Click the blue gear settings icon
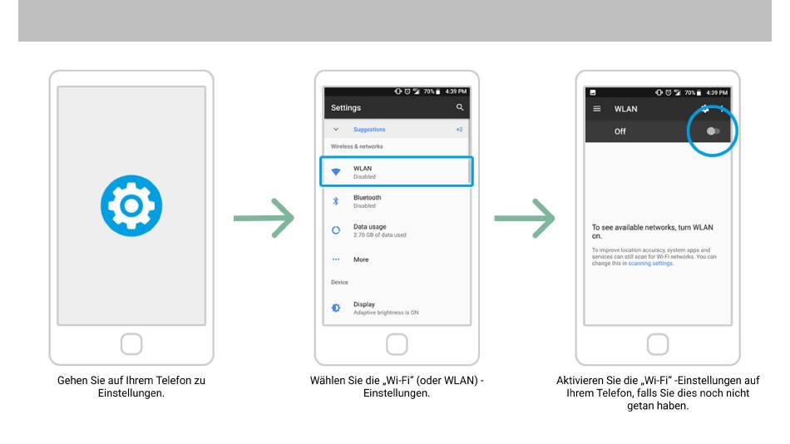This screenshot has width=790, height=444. click(x=131, y=205)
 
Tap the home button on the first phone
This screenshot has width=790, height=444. click(x=131, y=344)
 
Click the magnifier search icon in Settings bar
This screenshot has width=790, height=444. click(x=460, y=107)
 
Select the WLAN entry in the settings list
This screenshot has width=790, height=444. click(x=397, y=172)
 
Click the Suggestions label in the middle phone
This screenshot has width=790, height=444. click(x=369, y=130)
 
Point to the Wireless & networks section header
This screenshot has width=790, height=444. click(x=357, y=146)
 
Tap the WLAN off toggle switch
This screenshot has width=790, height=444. click(x=713, y=131)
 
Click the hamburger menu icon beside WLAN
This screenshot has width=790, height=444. click(x=597, y=109)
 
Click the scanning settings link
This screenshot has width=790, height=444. click(x=650, y=263)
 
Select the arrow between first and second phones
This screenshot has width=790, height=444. click(x=264, y=218)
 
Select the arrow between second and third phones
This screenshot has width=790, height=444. click(x=525, y=218)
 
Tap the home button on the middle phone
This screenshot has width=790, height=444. click(x=397, y=344)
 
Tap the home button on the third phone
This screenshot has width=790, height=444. click(x=658, y=344)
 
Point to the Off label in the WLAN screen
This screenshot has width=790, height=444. click(x=620, y=131)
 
